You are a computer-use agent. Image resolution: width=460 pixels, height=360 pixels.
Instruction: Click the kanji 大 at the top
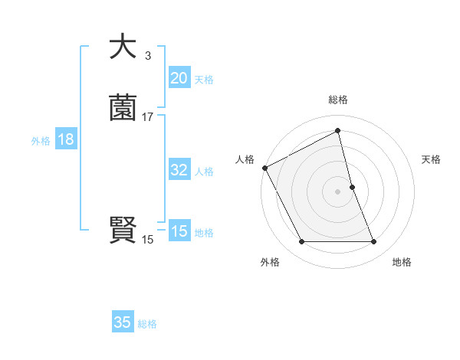pos(123,47)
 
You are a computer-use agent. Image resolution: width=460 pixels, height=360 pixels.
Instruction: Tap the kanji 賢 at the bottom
pos(123,230)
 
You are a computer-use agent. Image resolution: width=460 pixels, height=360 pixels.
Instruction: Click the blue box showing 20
pos(179,77)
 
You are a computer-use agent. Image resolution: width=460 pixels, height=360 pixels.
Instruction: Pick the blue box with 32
pos(179,170)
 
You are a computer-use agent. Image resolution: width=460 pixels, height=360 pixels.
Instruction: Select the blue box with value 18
pos(65,139)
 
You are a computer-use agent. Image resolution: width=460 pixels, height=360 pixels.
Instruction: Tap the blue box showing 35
pos(123,322)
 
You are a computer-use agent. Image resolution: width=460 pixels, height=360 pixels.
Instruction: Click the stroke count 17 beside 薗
pos(147,117)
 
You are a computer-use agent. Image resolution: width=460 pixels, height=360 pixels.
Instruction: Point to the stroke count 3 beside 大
pos(147,55)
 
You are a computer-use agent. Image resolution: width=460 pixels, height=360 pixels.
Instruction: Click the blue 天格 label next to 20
pos(204,79)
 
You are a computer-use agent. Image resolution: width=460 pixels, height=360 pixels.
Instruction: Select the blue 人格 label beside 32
pos(204,172)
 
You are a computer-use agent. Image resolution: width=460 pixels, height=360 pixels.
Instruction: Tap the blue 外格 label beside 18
pos(41,141)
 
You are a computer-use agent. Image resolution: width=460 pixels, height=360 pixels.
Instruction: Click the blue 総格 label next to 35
pos(147,324)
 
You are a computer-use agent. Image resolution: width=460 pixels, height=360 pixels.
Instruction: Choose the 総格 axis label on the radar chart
pos(338,100)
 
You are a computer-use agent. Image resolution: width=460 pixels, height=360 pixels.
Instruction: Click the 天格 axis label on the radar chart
pos(432,159)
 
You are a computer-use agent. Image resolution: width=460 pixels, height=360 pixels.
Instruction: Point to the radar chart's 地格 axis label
pos(402,262)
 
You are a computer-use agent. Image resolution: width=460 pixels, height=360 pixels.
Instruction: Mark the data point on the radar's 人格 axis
pos(264,168)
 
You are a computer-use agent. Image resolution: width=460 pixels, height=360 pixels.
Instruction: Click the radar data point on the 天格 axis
pos(352,187)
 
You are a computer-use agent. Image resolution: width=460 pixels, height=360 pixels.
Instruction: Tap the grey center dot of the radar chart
pos(338,191)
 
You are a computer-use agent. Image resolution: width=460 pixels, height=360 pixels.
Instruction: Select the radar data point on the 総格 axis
pos(338,131)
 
